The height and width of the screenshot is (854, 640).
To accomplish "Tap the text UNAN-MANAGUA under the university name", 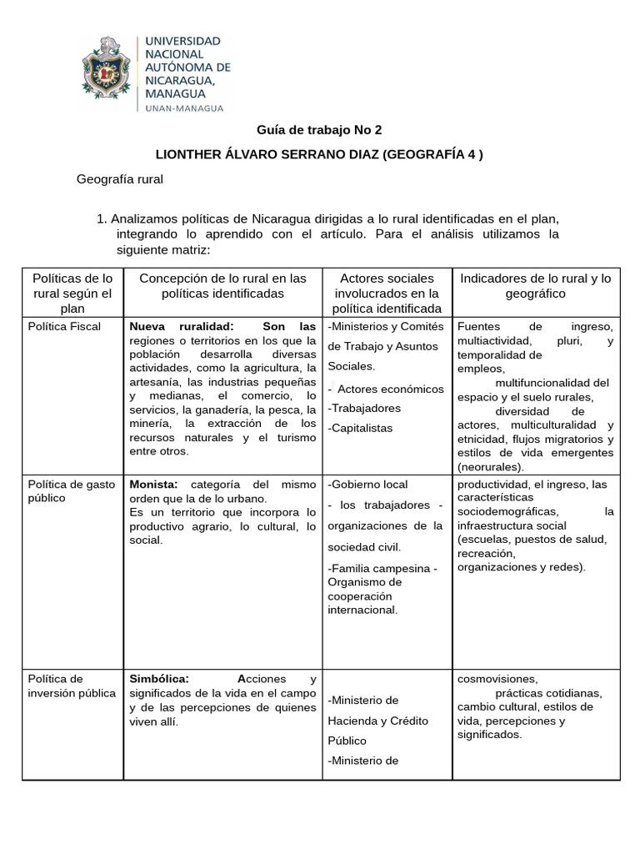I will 184,108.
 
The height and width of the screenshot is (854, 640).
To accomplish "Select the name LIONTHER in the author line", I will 193,154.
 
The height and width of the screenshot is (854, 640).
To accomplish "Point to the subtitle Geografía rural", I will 120,178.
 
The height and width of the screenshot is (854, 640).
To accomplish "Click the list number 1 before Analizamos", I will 102,219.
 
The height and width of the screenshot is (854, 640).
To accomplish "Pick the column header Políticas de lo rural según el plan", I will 72,293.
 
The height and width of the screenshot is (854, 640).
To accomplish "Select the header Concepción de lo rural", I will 222,285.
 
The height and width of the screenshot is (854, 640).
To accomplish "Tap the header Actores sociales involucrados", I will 387,293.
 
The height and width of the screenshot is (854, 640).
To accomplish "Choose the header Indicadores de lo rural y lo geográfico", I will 535,285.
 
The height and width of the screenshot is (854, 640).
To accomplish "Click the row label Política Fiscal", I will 64,326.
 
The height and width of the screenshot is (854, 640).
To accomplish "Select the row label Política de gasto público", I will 66,490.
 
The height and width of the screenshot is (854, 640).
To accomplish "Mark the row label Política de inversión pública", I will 72,686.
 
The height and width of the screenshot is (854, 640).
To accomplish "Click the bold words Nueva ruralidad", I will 182,326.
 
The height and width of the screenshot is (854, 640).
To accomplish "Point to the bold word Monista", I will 154,484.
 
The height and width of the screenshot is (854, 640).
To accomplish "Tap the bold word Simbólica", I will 159,679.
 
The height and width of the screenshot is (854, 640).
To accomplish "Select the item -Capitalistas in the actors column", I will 360,428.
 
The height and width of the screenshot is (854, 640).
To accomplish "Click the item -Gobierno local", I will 367,484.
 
